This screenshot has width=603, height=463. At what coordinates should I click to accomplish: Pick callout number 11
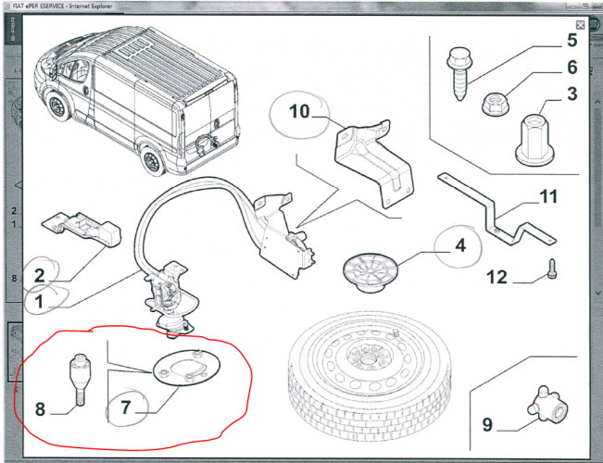549,197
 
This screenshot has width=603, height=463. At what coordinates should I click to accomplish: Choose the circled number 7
125,407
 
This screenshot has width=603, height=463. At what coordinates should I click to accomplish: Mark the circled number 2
40,274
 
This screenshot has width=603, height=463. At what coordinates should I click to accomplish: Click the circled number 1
40,301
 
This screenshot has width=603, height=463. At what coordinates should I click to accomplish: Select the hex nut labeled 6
496,101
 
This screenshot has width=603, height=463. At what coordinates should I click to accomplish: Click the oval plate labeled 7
182,369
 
